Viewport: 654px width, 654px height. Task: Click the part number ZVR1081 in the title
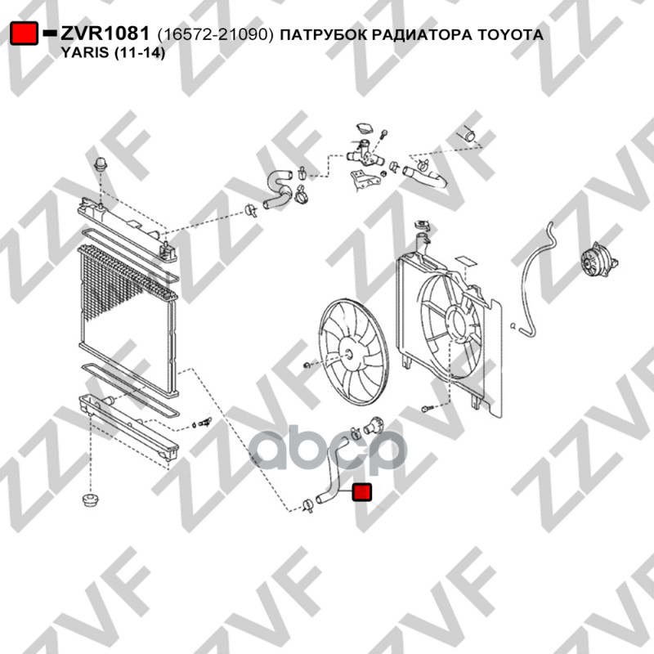coord(105,34)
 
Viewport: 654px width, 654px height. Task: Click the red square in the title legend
coord(25,34)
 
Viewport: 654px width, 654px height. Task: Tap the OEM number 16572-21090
coord(215,34)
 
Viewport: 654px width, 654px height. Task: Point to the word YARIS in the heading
coord(83,52)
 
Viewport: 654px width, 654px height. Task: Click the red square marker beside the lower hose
coord(361,492)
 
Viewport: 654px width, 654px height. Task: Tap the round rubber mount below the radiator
coord(90,499)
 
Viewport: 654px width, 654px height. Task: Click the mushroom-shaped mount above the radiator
coord(101,165)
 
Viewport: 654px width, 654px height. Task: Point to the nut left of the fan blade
coord(307,365)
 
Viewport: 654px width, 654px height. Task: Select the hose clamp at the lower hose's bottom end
coord(308,505)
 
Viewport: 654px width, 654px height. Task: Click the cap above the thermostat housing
coord(365,128)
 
